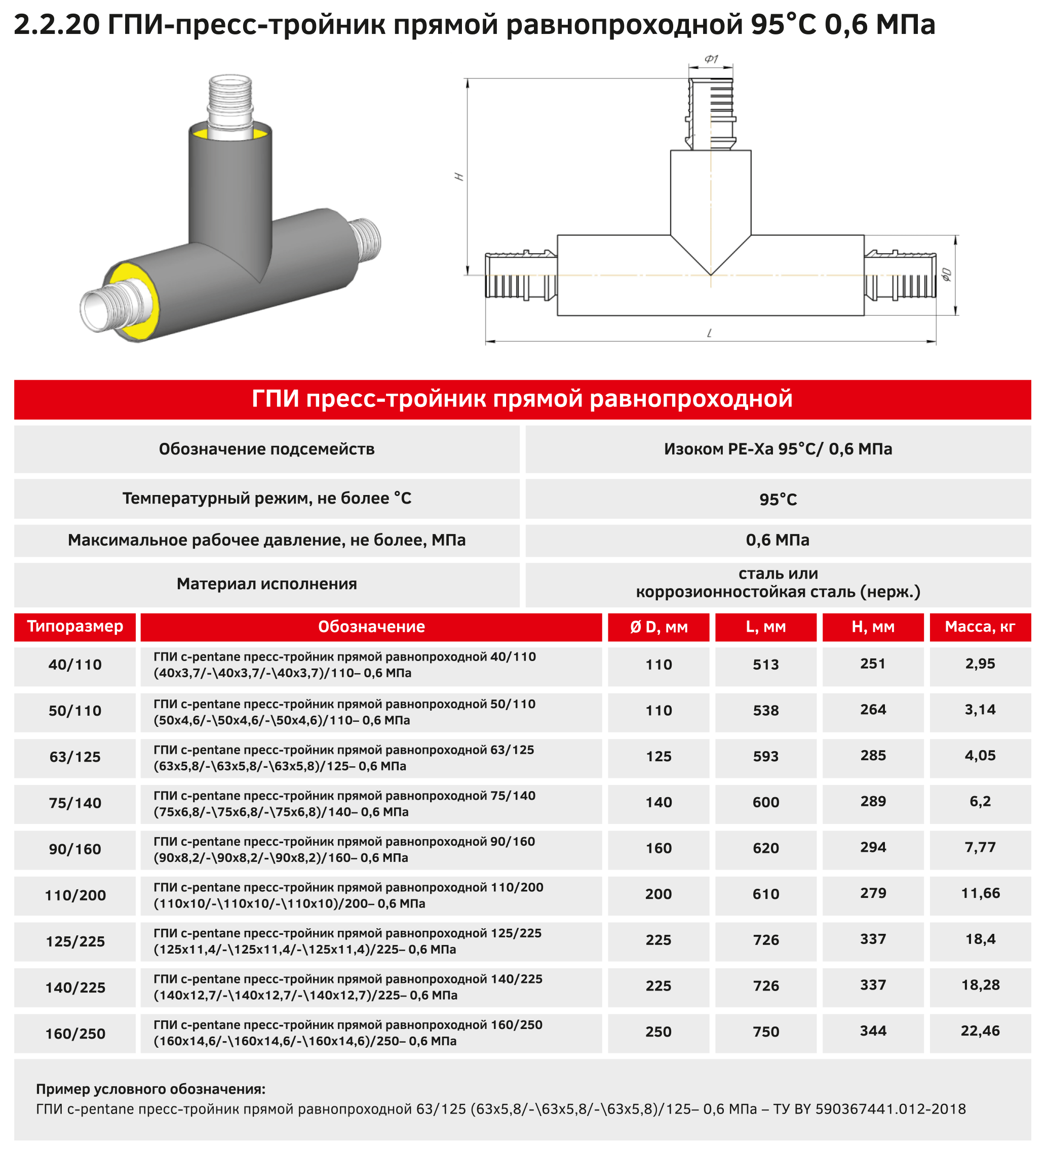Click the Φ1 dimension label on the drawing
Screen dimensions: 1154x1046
coord(711,59)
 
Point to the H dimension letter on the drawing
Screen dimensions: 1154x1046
coord(459,177)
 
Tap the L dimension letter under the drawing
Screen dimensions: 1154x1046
coord(710,333)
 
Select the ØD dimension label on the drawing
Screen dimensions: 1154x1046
coord(946,275)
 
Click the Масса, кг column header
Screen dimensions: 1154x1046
coord(980,627)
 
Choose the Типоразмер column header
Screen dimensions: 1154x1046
coord(75,626)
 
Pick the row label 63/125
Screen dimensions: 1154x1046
coord(75,757)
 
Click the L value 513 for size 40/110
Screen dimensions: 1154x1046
coord(766,665)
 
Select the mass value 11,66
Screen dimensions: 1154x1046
coord(980,893)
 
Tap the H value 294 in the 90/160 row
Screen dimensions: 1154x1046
coord(873,847)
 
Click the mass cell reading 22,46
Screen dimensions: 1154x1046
coord(980,1031)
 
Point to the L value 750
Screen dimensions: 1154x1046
coord(766,1032)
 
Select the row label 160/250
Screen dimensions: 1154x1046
coord(75,1034)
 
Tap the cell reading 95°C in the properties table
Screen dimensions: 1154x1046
coord(778,500)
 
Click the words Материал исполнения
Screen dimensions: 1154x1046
coord(266,584)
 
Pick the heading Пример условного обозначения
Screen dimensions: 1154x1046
coord(150,1089)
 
